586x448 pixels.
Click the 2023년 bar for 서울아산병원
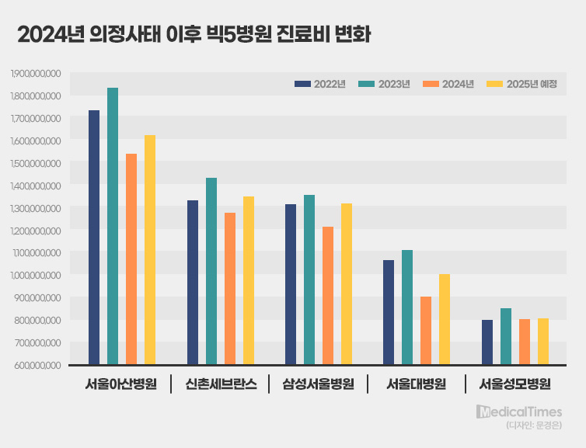click(x=113, y=226)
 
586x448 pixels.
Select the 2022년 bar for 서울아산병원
click(x=94, y=237)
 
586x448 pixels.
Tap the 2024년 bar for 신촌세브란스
click(x=230, y=288)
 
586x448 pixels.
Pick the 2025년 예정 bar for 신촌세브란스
click(x=249, y=280)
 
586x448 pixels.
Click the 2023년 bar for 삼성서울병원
click(x=309, y=280)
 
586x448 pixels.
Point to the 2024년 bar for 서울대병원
click(x=426, y=330)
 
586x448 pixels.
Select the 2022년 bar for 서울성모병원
click(x=487, y=342)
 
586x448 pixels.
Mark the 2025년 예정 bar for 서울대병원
click(x=445, y=319)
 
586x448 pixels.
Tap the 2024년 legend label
click(x=458, y=84)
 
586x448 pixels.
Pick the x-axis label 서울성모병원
click(x=514, y=384)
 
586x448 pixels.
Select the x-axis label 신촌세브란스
click(x=221, y=384)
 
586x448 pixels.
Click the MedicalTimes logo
click(x=519, y=411)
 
